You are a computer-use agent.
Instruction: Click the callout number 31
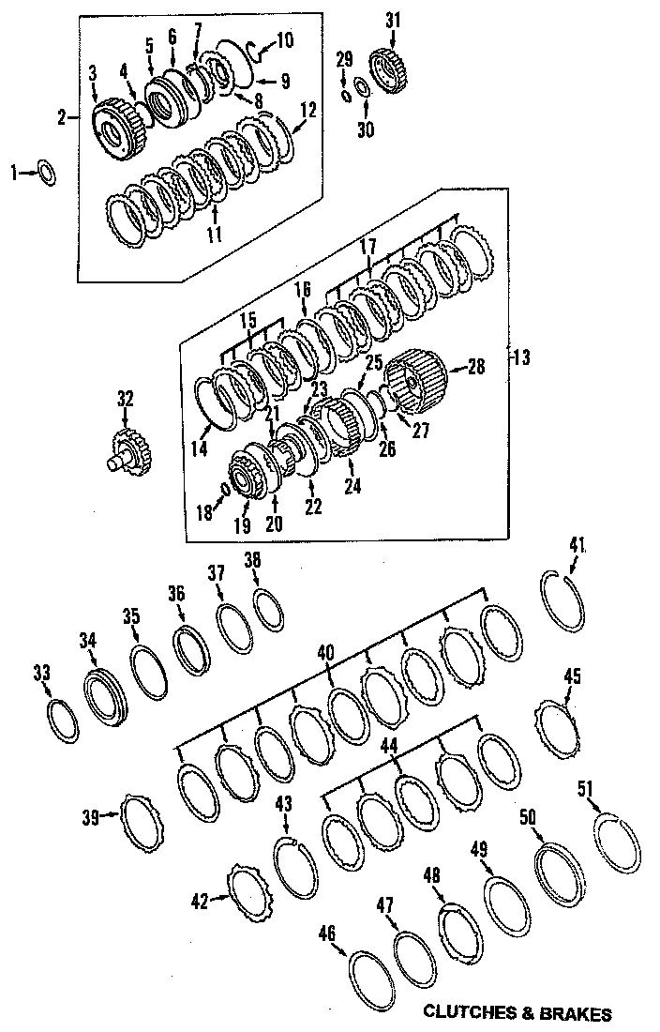click(392, 20)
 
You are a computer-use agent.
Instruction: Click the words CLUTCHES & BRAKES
click(517, 1013)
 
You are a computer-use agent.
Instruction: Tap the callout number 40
click(325, 650)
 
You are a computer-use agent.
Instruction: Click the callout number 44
click(388, 746)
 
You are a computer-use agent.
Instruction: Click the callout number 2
click(62, 118)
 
